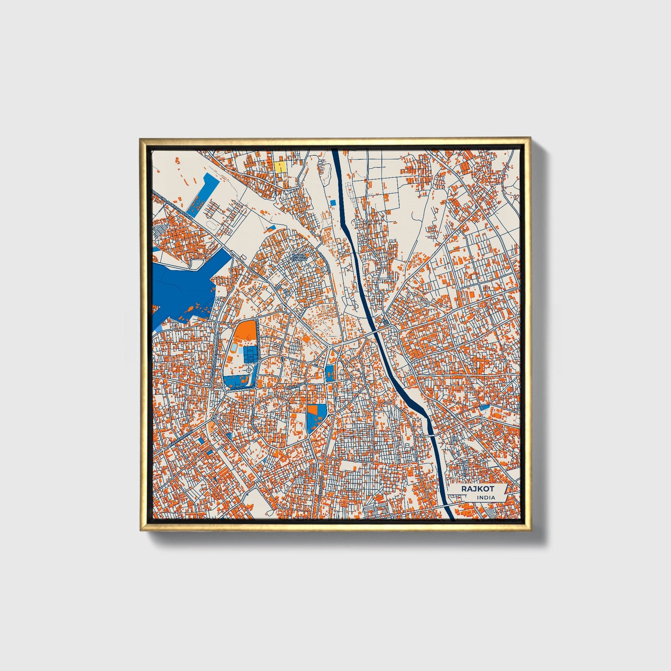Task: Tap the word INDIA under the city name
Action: [x=486, y=497]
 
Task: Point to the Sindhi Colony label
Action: [x=299, y=257]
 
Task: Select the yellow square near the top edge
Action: [x=280, y=166]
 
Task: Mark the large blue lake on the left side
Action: [x=186, y=283]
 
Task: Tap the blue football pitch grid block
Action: [x=249, y=354]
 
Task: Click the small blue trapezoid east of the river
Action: [x=484, y=408]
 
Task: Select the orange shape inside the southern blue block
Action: [x=312, y=410]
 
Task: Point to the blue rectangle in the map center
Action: [x=329, y=373]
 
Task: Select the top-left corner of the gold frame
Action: [x=140, y=138]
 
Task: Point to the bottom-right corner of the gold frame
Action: [x=530, y=531]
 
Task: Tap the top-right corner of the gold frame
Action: [x=530, y=138]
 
